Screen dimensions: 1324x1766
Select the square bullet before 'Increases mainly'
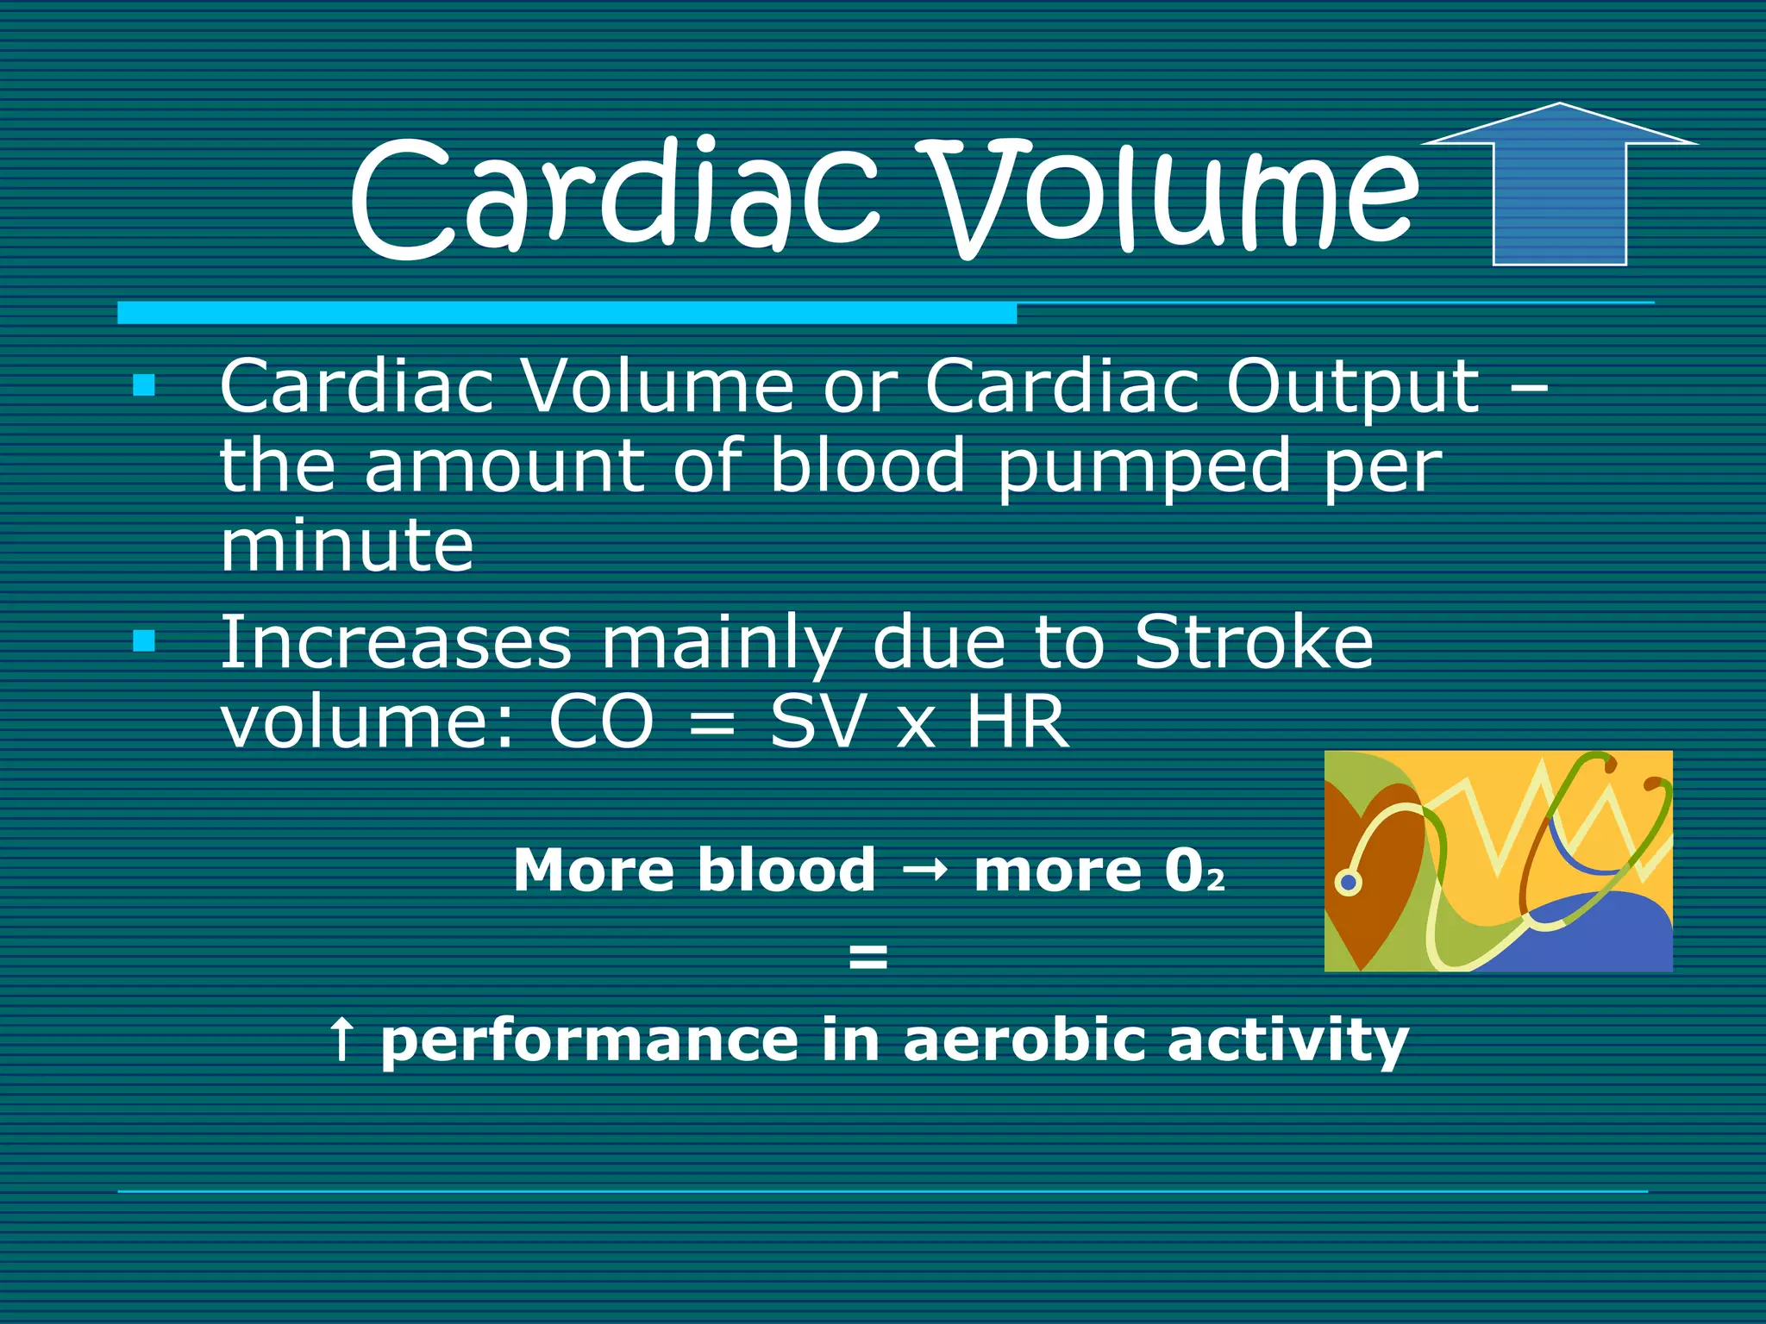point(144,640)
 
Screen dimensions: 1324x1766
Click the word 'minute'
point(347,546)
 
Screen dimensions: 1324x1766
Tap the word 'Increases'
point(396,642)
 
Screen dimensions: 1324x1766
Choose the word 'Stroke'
point(1253,642)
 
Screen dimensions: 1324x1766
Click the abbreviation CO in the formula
point(601,722)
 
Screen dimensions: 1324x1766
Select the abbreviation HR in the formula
point(1018,722)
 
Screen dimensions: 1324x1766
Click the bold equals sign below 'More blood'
point(867,955)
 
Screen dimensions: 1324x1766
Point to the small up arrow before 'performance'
point(341,1039)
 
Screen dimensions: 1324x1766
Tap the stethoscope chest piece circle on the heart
point(1348,883)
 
